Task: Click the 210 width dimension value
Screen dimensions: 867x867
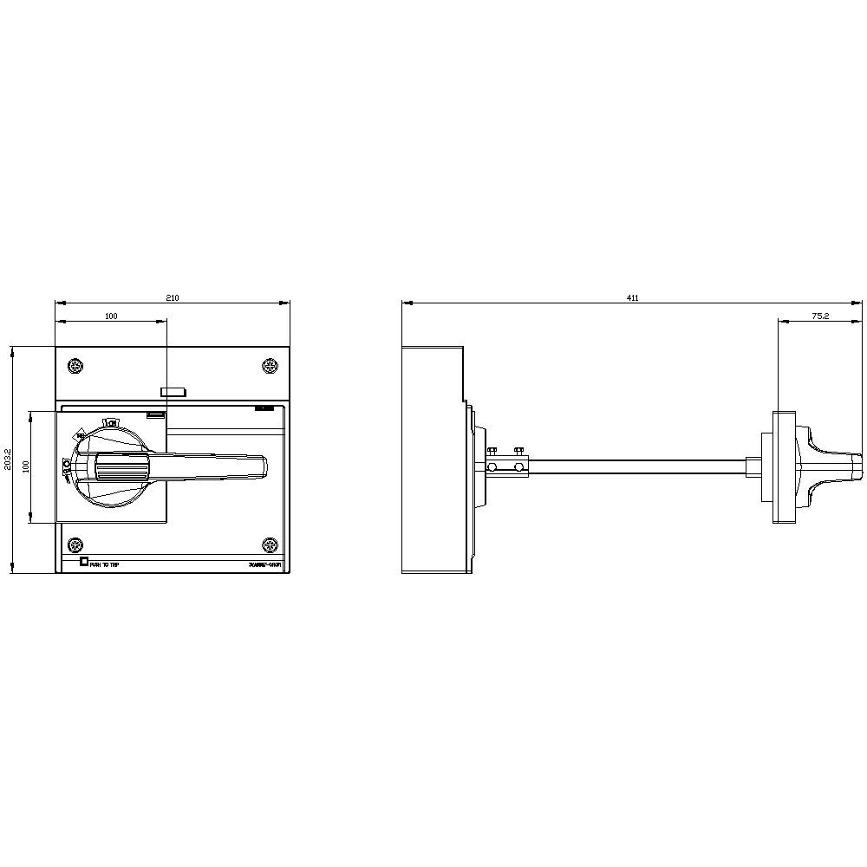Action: [173, 297]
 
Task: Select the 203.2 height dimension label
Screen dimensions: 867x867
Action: [7, 460]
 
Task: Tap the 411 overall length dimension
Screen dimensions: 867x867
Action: [633, 297]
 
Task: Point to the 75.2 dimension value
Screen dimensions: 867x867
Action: [820, 316]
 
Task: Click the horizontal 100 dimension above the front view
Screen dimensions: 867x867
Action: [111, 316]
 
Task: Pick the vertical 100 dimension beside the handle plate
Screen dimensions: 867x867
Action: [26, 466]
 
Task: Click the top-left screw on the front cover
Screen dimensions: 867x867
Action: [75, 366]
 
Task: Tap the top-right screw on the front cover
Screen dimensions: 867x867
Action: [270, 366]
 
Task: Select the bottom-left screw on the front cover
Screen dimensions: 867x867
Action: [75, 545]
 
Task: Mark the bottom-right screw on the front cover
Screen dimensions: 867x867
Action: [270, 545]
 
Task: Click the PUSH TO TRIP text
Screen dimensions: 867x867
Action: [105, 564]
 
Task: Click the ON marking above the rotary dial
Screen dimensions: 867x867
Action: [111, 422]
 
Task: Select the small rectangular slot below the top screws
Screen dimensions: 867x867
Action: [174, 392]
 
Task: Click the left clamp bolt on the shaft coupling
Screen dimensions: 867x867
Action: [492, 451]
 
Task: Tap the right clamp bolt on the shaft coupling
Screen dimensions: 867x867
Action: [518, 451]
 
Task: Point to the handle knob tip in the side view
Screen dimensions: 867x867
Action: [859, 466]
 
